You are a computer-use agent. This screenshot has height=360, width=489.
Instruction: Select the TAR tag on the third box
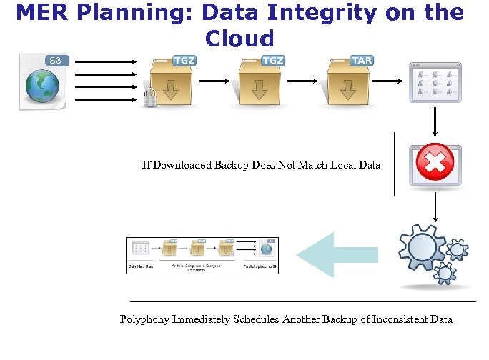(x=362, y=61)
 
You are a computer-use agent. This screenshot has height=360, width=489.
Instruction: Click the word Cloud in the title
(x=239, y=38)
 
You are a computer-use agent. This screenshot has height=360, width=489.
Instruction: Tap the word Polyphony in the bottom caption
(x=145, y=319)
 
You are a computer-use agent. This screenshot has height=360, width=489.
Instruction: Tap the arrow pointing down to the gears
(x=435, y=207)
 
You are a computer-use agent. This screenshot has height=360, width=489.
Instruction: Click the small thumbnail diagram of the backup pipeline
(x=202, y=255)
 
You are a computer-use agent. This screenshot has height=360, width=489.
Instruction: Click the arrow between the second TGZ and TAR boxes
(x=300, y=80)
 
